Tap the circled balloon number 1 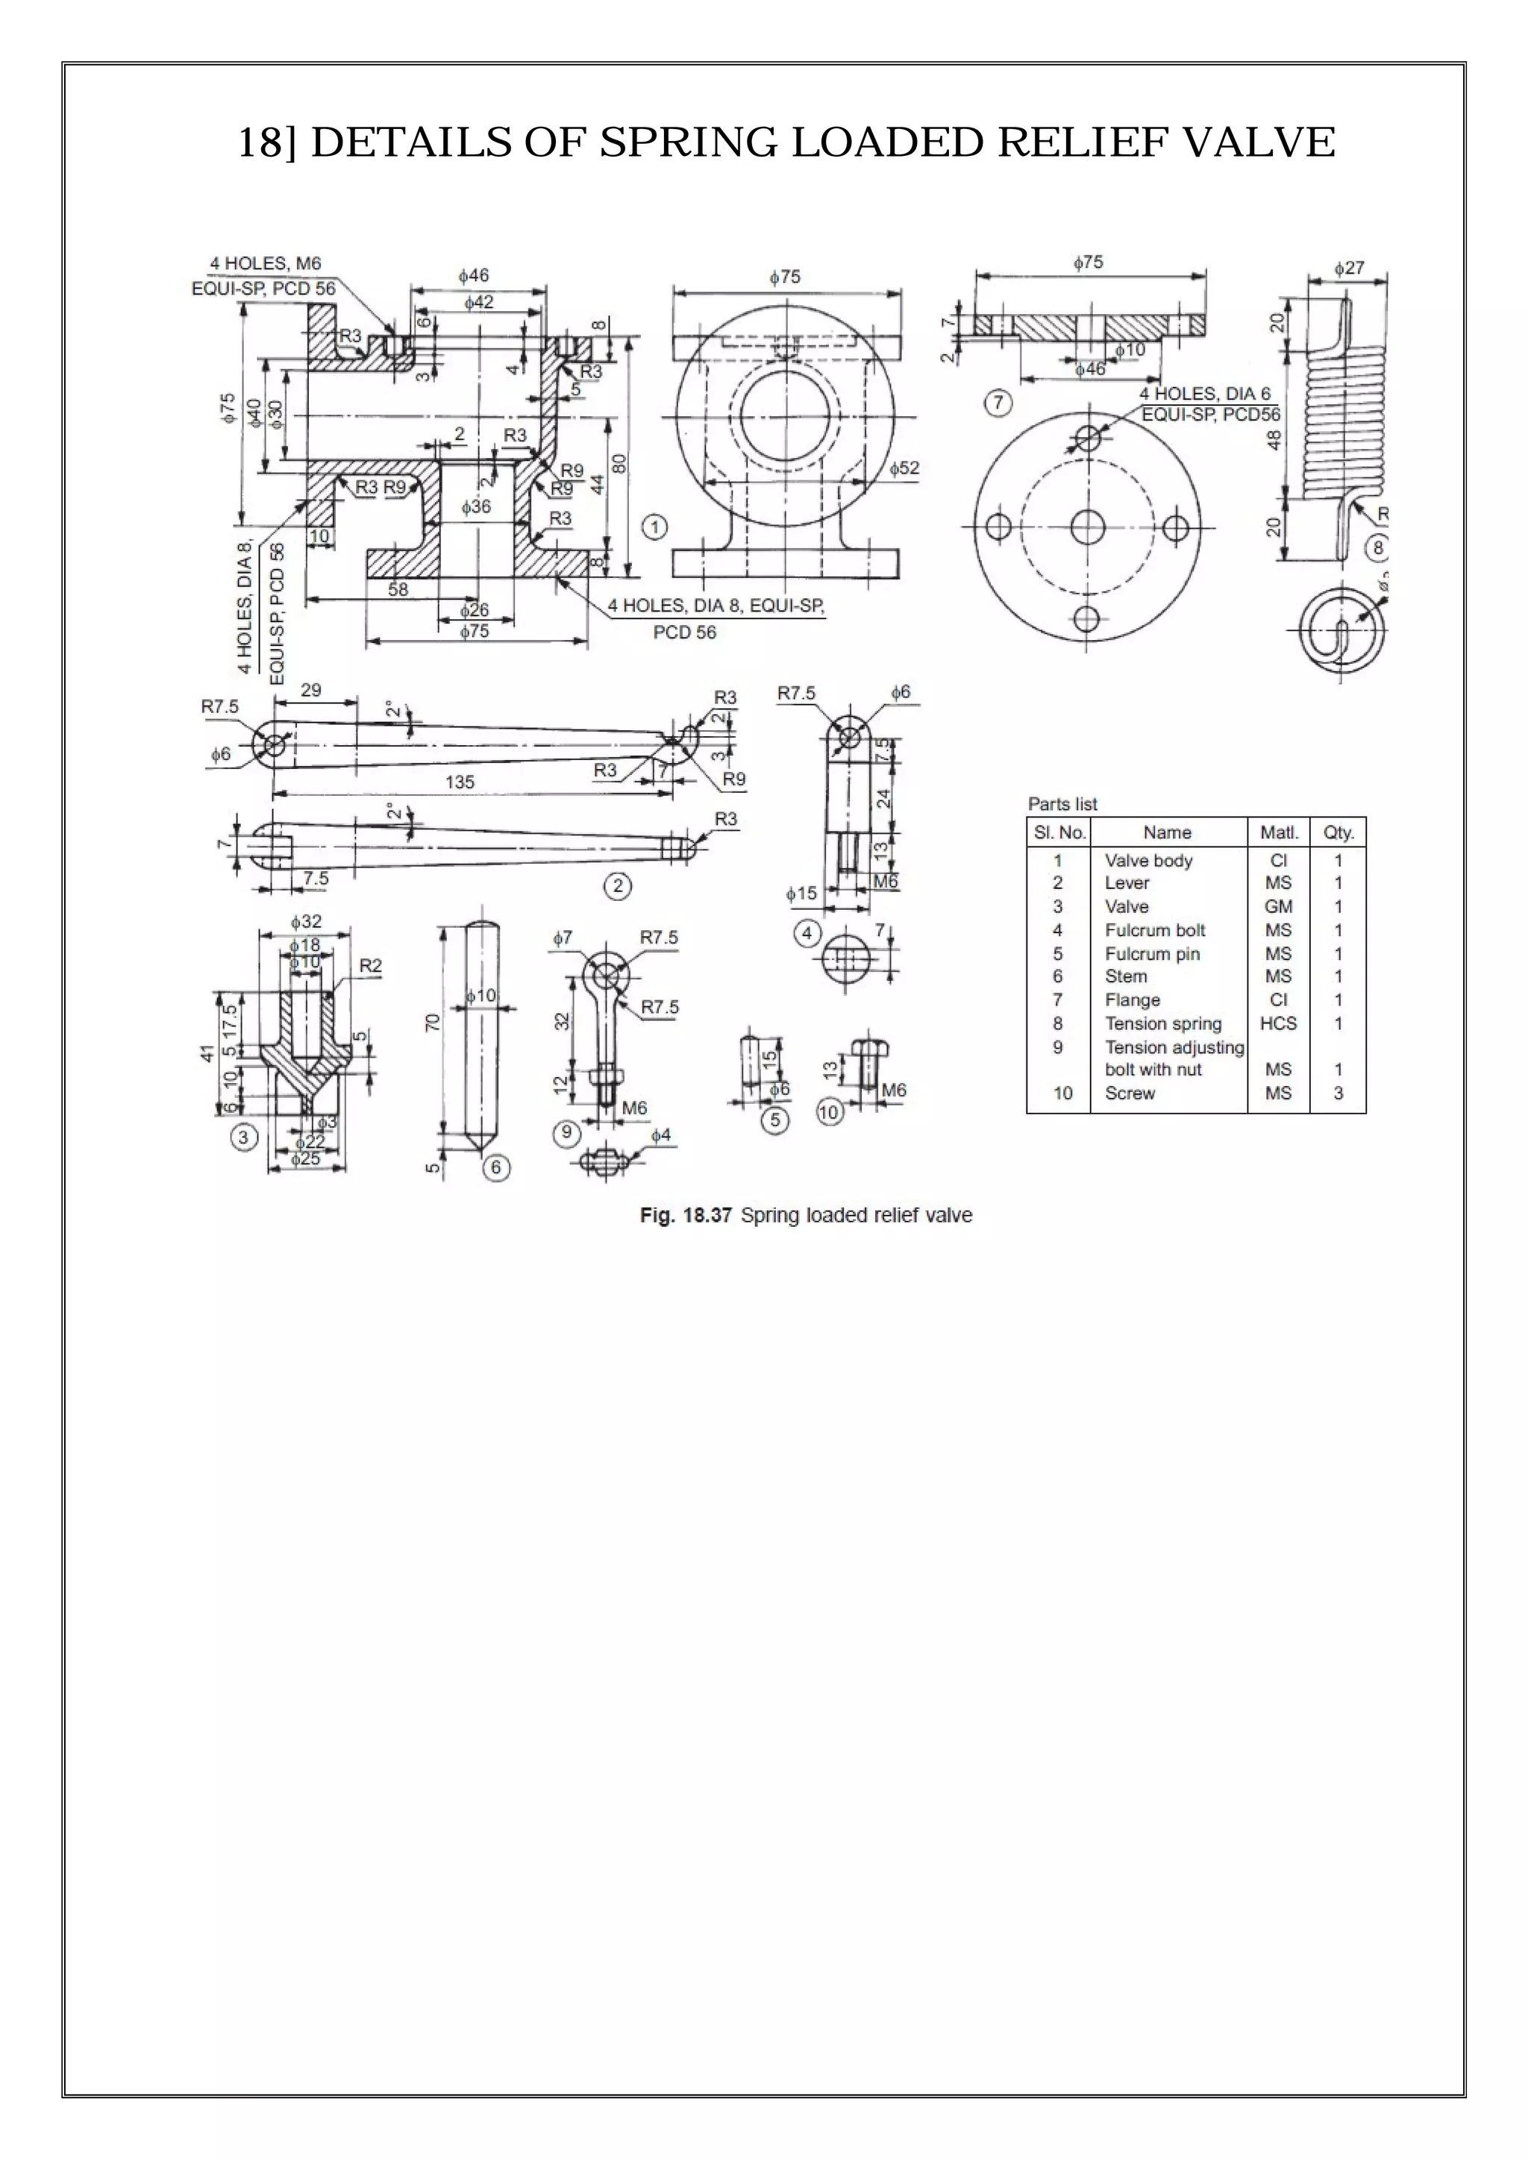[655, 527]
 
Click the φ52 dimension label [904, 468]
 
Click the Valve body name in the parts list [1148, 860]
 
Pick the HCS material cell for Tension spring [1278, 1023]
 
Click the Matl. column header [1278, 832]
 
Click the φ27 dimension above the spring [1348, 268]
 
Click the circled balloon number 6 [496, 1169]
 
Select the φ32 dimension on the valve [306, 922]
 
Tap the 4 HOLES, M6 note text [266, 263]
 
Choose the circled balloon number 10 [828, 1112]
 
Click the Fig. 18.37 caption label [685, 1216]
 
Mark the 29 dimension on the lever [310, 690]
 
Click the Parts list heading [1062, 803]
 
